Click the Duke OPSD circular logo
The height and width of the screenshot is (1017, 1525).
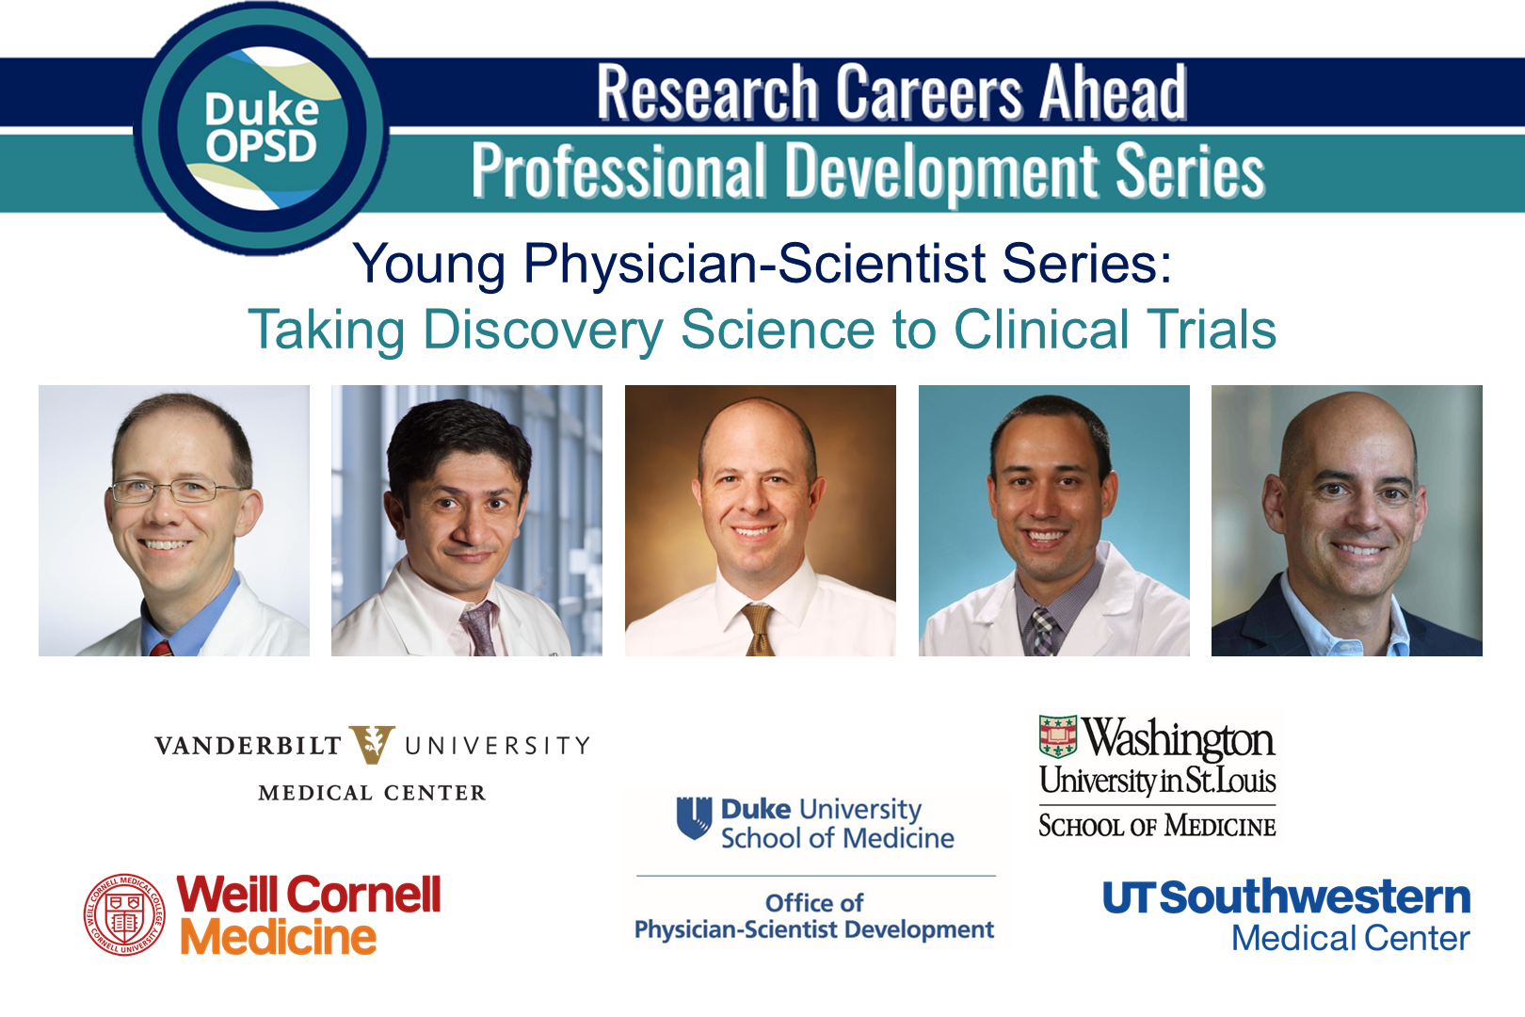262,128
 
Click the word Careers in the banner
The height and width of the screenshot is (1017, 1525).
928,92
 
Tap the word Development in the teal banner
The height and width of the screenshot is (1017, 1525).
943,171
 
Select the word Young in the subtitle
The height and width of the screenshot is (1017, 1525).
429,266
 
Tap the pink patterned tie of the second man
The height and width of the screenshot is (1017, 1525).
479,628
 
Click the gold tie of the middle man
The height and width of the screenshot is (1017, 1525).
758,629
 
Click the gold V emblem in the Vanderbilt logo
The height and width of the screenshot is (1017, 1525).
372,745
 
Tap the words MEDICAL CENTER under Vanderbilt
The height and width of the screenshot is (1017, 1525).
373,793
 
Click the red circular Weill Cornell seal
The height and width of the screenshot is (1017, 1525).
124,914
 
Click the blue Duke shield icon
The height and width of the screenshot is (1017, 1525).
694,817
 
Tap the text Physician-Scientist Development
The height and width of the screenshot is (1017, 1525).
814,929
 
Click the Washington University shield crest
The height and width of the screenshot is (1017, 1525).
1058,736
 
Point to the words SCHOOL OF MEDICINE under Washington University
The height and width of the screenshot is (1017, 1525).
1157,826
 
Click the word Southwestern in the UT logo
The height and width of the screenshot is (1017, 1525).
1315,896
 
